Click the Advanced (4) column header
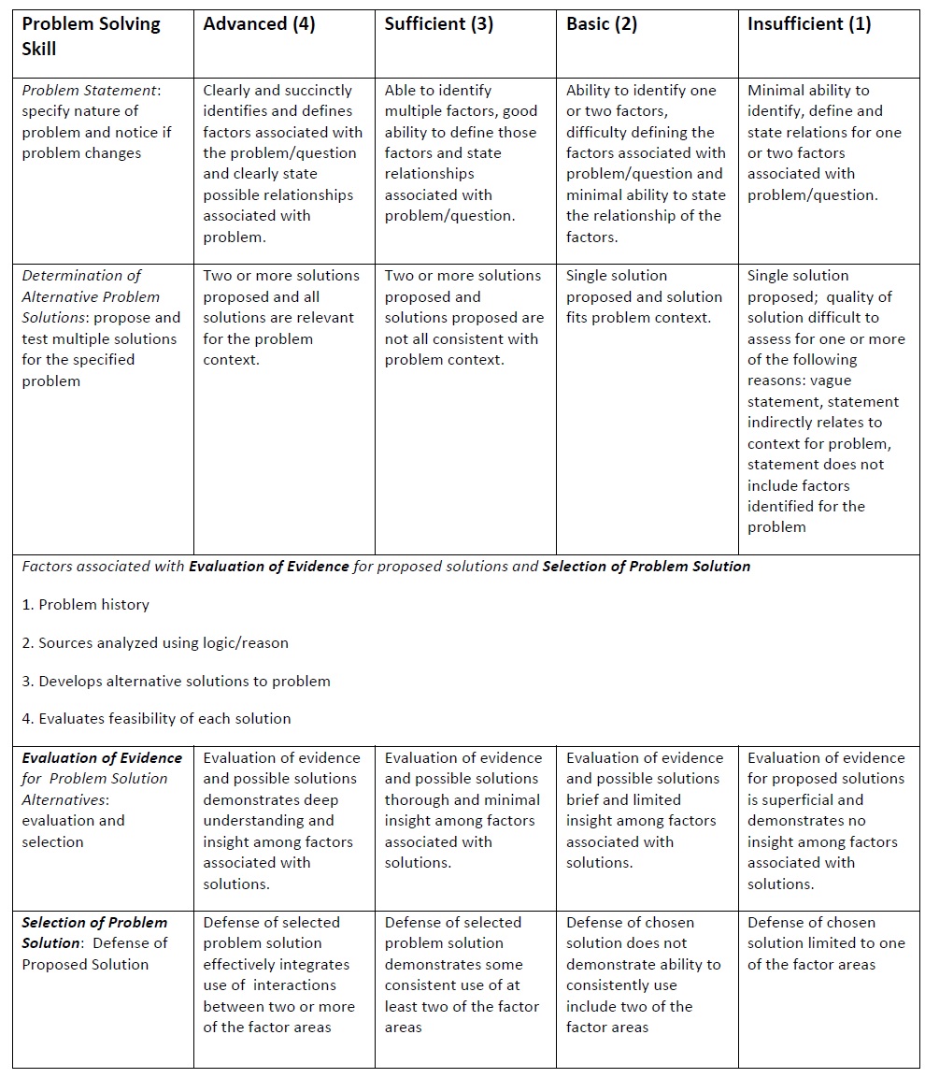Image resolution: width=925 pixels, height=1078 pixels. pos(259,25)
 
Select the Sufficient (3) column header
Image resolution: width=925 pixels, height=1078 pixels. pos(439,25)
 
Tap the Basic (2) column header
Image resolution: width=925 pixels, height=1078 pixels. pos(602,25)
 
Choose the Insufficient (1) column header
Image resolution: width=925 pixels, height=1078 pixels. pos(809,25)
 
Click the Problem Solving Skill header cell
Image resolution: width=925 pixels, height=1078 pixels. pos(91,36)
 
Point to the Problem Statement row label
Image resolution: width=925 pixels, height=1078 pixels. pos(96,122)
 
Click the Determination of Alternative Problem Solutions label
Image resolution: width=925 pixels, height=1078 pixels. pos(99,328)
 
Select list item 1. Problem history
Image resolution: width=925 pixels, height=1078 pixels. pos(85,605)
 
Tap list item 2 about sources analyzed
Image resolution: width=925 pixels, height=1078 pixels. pos(155,643)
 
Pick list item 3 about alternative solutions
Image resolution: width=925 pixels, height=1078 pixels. pos(176,682)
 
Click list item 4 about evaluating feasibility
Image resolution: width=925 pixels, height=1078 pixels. pos(156,719)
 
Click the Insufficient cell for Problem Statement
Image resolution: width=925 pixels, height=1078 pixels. pos(824,143)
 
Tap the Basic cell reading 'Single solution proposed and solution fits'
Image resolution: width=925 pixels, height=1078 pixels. pos(644,297)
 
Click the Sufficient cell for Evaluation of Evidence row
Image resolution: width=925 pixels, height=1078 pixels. pos(462,810)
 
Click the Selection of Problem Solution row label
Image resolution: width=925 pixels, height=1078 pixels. pos(94,943)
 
